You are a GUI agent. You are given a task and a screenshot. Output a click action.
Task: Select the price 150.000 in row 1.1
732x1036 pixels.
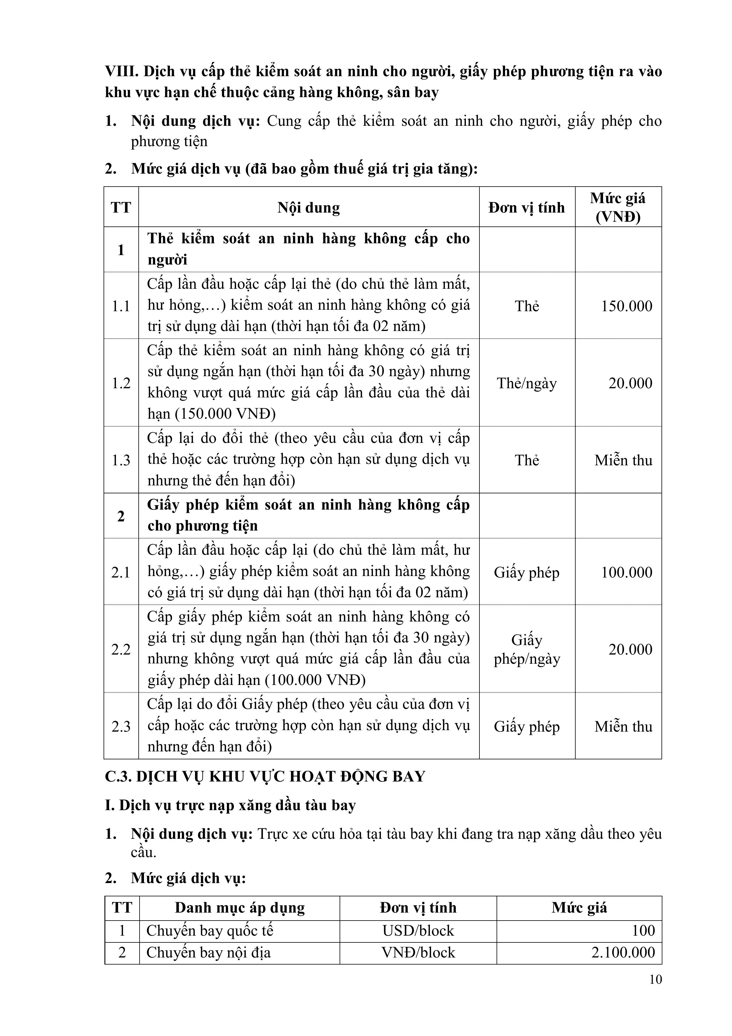pyautogui.click(x=626, y=306)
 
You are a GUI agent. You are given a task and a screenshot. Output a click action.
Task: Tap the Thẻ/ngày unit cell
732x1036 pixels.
pyautogui.click(x=527, y=383)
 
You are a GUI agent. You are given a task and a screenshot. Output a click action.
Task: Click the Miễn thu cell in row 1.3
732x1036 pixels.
pyautogui.click(x=623, y=460)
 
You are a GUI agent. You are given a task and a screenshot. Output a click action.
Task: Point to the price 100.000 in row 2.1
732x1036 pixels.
pyautogui.click(x=626, y=572)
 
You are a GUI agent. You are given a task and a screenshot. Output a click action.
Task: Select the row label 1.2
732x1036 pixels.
pyautogui.click(x=121, y=383)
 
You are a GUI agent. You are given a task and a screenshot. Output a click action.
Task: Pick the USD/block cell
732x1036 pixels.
pyautogui.click(x=418, y=930)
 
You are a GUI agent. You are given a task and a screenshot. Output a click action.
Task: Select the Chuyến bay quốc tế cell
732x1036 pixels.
pyautogui.click(x=210, y=930)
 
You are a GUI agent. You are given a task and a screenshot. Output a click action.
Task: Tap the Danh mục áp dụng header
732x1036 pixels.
pyautogui.click(x=240, y=907)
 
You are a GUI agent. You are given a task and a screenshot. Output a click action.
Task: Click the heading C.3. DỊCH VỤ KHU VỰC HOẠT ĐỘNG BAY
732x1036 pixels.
pyautogui.click(x=265, y=776)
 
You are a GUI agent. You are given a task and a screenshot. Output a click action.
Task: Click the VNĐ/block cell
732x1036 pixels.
pyautogui.click(x=418, y=952)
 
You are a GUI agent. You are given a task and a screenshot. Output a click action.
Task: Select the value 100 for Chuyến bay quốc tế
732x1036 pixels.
pyautogui.click(x=643, y=930)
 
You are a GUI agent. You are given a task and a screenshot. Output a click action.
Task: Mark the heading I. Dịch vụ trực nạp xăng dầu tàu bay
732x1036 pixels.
pyautogui.click(x=230, y=805)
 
